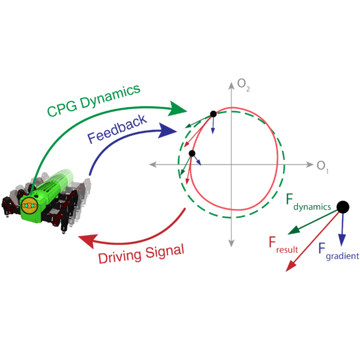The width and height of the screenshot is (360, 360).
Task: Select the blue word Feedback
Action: (x=117, y=130)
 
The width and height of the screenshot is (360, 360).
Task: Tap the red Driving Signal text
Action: (x=141, y=253)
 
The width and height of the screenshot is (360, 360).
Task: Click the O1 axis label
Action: (x=323, y=166)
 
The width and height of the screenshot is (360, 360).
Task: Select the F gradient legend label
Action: (x=338, y=251)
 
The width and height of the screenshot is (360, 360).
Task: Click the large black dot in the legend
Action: (x=343, y=206)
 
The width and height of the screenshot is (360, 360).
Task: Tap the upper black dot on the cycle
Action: (x=213, y=114)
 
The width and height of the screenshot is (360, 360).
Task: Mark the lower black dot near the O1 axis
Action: (x=192, y=153)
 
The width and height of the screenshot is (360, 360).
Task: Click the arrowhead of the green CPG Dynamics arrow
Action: (x=179, y=108)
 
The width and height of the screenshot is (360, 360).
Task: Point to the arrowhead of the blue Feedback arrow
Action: (x=168, y=131)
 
